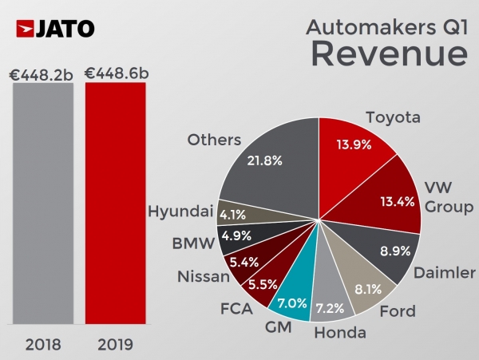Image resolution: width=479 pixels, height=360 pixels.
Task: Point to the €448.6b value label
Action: click(x=117, y=73)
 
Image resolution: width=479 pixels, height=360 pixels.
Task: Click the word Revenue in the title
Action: click(x=388, y=53)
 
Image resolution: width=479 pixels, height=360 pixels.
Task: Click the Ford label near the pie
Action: click(x=397, y=311)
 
